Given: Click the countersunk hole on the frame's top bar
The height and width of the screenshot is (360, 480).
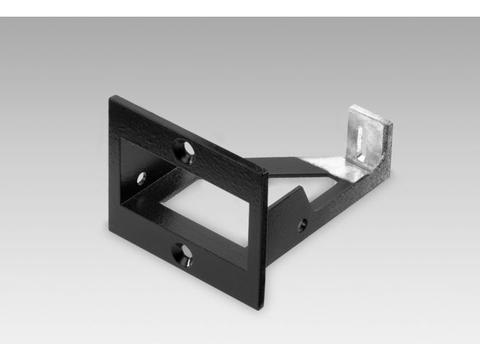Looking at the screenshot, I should click(x=185, y=151).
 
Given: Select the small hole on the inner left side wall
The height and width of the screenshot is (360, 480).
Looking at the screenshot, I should click(x=141, y=178).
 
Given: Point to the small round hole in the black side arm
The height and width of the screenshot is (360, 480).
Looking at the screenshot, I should click(x=302, y=225).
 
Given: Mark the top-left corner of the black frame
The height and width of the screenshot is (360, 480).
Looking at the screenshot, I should click(x=112, y=97).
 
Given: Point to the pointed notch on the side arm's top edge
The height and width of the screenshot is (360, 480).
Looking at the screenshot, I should click(x=303, y=188).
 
